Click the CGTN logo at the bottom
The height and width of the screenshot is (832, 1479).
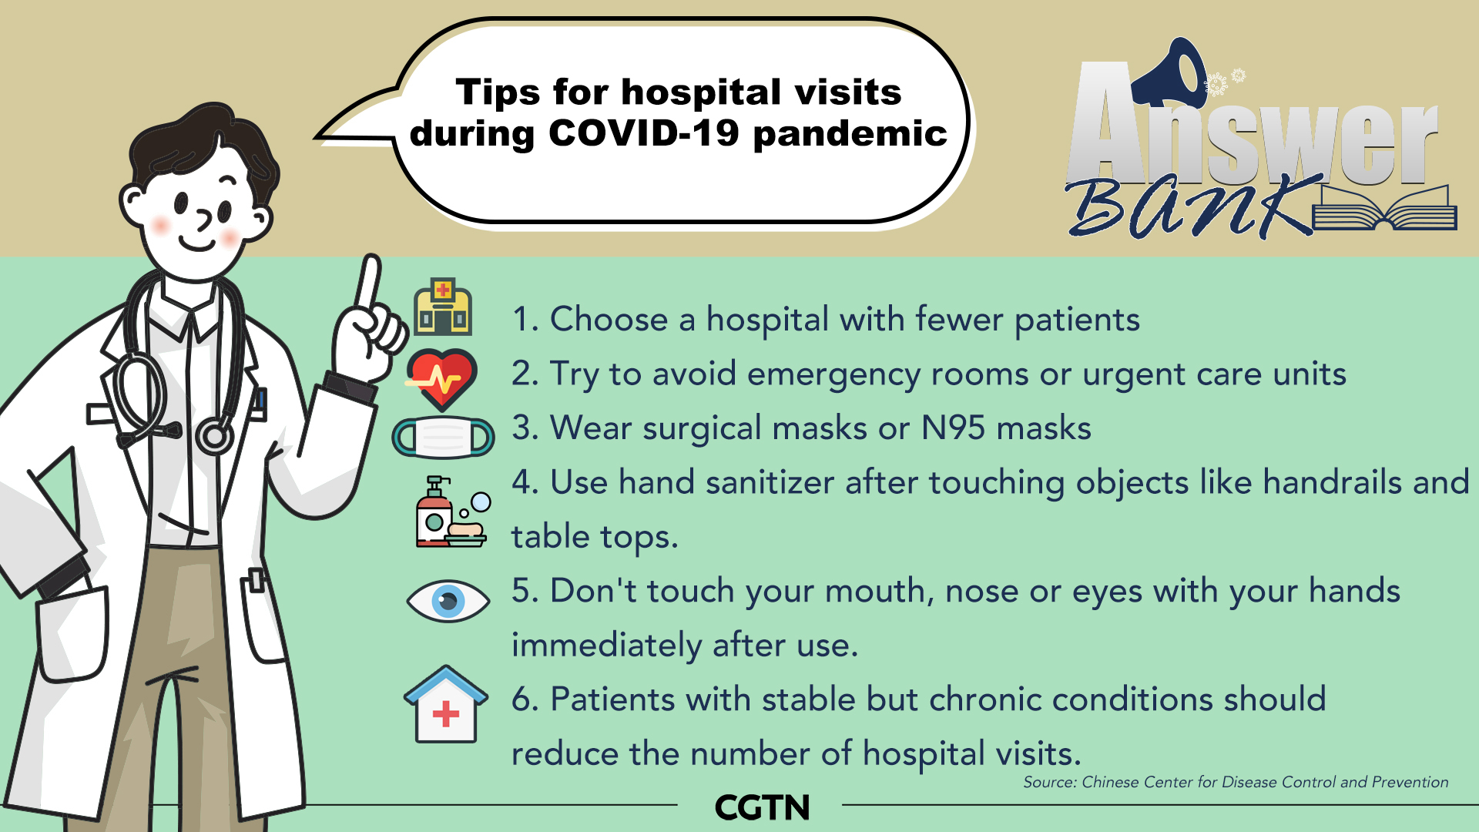click(762, 807)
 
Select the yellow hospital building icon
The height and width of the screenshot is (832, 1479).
click(443, 307)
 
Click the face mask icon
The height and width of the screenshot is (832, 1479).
click(444, 438)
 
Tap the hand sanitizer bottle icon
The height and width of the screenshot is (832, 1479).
click(435, 512)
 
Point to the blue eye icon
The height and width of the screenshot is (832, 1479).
click(448, 601)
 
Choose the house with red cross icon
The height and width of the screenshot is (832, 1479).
click(446, 704)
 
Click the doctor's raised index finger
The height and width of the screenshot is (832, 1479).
click(369, 285)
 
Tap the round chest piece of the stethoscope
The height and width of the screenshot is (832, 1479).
click(214, 436)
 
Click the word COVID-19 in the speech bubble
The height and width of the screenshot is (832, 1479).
click(644, 133)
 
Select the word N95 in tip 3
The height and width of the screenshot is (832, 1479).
click(953, 428)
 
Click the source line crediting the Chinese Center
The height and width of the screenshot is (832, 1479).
click(1236, 782)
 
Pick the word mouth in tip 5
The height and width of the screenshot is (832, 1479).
click(880, 592)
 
